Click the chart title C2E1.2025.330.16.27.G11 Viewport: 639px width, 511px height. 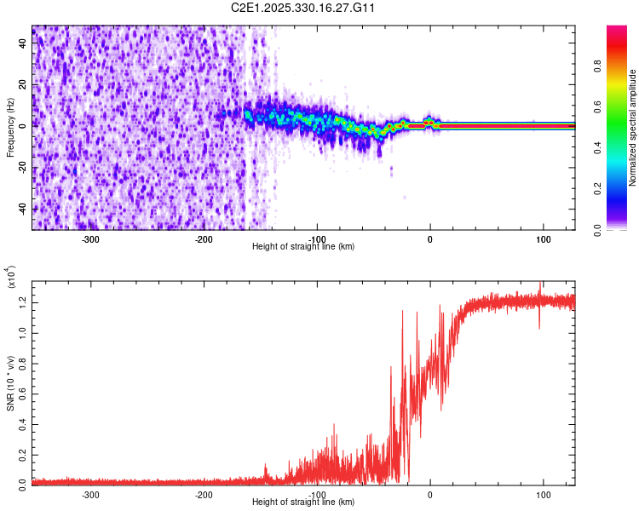pos(303,8)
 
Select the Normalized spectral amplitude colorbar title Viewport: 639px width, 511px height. pos(633,128)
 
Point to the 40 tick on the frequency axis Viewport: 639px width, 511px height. pos(23,43)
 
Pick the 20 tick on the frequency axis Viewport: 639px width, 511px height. pos(23,84)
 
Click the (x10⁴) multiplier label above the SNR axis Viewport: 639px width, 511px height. pos(9,280)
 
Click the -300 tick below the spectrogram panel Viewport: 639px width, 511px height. pos(90,238)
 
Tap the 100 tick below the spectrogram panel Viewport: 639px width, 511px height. pos(543,238)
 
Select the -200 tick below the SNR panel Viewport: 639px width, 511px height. pos(204,494)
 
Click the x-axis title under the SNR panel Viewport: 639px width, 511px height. pos(303,502)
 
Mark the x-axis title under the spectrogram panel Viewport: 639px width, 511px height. pos(303,246)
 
